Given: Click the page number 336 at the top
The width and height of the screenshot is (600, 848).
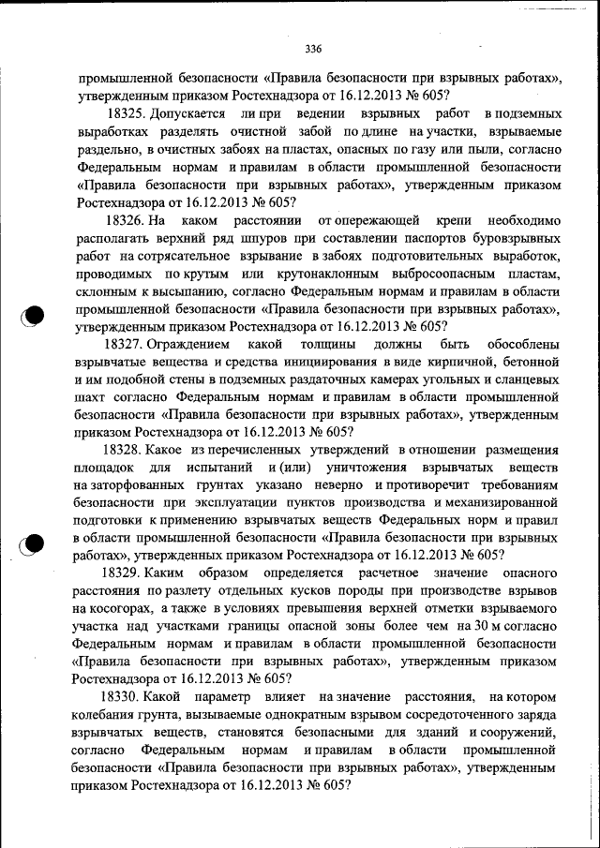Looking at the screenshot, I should (313, 49).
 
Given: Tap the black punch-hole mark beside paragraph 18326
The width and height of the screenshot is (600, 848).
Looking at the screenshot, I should (33, 316).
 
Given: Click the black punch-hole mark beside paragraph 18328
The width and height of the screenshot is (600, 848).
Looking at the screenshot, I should (33, 543).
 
